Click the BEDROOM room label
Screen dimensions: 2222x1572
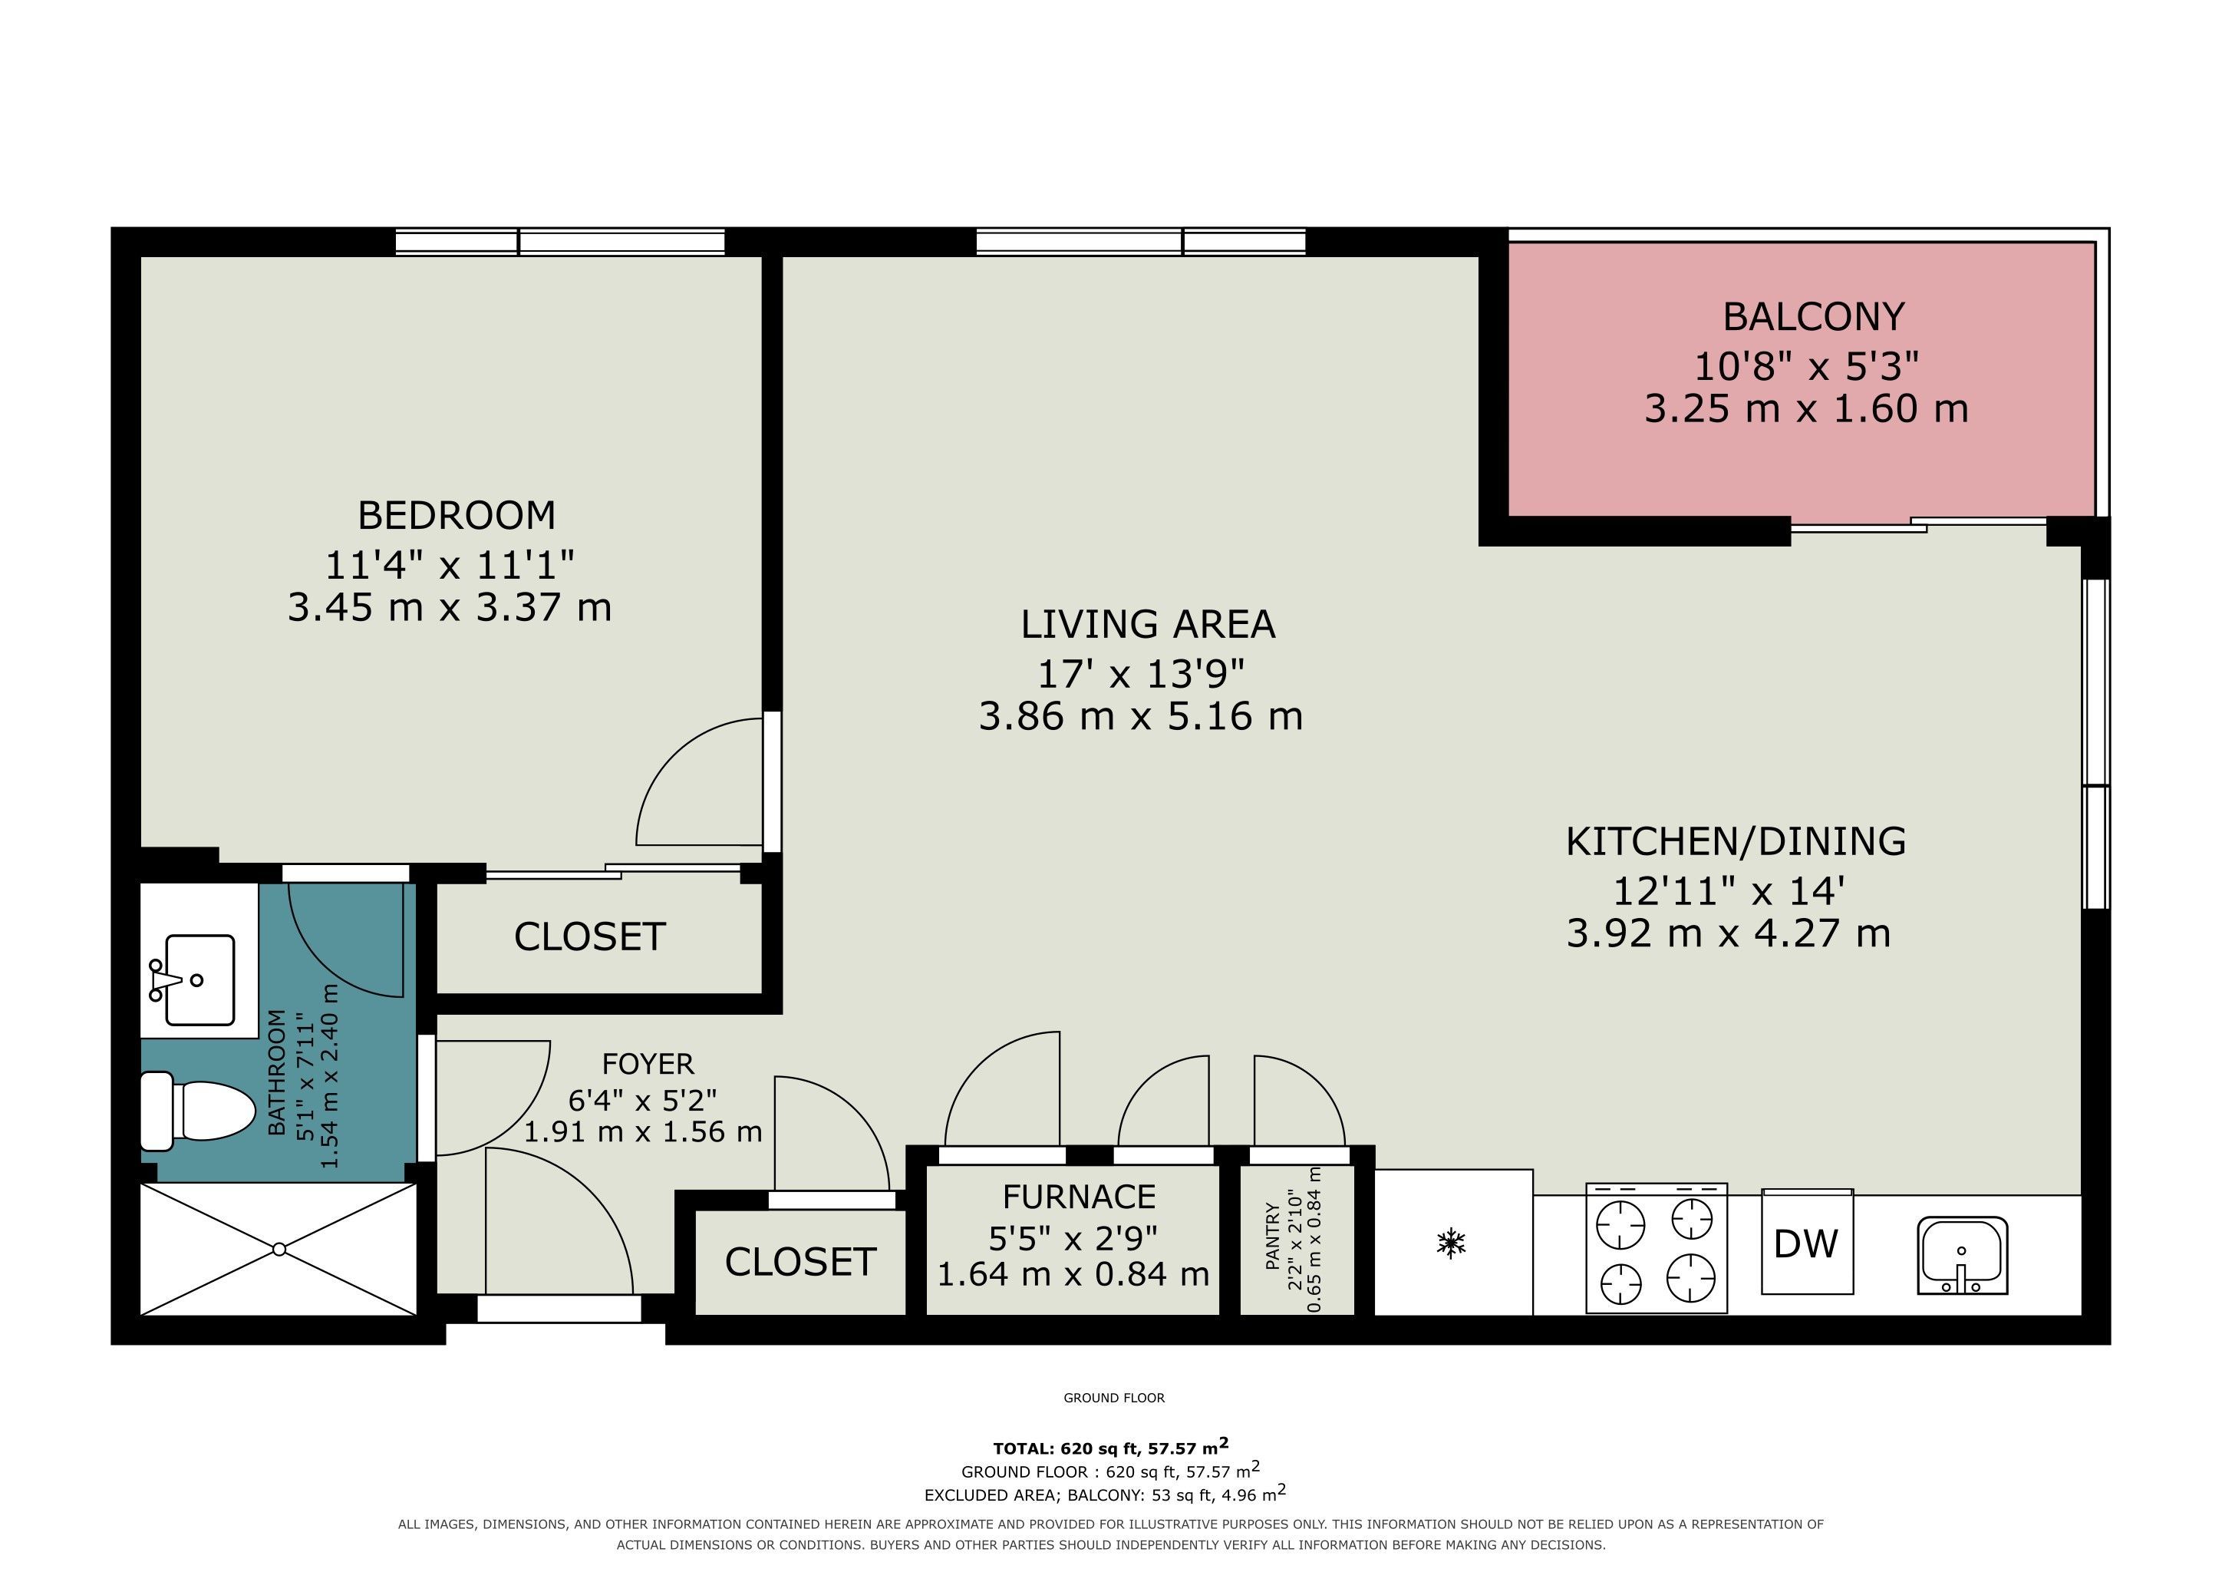457,515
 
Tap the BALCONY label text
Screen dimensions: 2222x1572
1814,316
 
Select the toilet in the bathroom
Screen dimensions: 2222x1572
197,1110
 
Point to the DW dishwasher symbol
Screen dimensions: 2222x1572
1807,1243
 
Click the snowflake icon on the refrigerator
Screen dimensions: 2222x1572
1452,1243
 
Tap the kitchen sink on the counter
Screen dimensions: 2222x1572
1963,1256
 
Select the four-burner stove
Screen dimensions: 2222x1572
1657,1248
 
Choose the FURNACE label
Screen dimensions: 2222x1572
1079,1197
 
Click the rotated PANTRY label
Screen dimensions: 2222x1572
1273,1235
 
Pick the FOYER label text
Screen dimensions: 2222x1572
648,1064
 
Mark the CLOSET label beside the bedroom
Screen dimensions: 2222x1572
589,937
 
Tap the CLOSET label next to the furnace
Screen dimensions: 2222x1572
800,1262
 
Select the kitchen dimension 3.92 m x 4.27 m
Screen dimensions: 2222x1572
1729,933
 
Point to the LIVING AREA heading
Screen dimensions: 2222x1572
1148,624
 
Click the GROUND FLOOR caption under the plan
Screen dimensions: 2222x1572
1114,1398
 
